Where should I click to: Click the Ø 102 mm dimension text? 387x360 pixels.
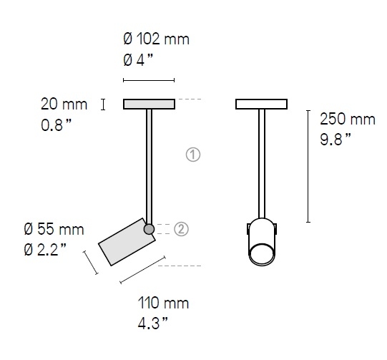156,39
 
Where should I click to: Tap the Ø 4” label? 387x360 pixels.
138,60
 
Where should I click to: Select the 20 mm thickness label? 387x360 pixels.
64,104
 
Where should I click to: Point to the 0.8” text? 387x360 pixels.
56,125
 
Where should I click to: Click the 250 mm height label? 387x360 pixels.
348,119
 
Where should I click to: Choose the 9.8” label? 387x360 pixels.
335,140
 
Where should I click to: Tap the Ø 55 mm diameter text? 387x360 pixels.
54,229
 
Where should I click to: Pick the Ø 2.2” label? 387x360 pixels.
45,249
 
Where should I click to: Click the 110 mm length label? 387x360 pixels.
163,303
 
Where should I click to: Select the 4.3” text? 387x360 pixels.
153,323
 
